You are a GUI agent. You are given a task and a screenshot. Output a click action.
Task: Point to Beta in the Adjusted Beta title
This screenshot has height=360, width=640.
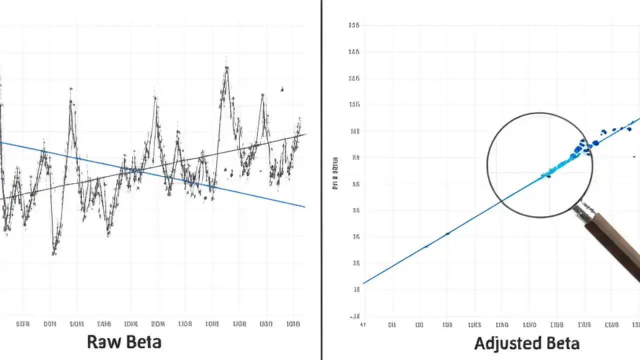(x=561, y=343)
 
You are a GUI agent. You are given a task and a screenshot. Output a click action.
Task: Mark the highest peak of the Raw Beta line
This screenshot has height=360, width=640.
(x=226, y=67)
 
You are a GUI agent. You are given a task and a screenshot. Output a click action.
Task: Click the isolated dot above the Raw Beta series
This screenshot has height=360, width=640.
(x=282, y=89)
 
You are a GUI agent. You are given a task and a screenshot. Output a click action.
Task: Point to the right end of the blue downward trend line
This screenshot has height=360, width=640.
(x=304, y=206)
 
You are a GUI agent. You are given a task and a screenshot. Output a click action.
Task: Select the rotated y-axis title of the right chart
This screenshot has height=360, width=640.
(x=335, y=173)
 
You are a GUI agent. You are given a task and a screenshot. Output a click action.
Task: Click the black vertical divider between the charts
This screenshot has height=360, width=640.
(x=321, y=180)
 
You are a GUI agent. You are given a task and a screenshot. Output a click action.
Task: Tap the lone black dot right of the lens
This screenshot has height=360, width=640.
(x=634, y=156)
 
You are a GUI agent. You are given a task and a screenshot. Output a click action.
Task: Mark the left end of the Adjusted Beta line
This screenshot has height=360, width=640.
(x=363, y=283)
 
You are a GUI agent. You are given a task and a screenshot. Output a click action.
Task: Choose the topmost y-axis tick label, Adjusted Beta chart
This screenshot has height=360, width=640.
(x=356, y=25)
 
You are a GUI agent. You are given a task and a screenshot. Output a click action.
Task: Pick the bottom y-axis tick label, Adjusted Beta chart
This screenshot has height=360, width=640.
(x=356, y=316)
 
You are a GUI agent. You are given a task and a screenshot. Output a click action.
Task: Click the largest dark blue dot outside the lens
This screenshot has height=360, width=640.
(x=595, y=143)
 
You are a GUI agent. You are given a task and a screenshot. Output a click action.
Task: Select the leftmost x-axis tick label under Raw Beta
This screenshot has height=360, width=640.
(x=23, y=324)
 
